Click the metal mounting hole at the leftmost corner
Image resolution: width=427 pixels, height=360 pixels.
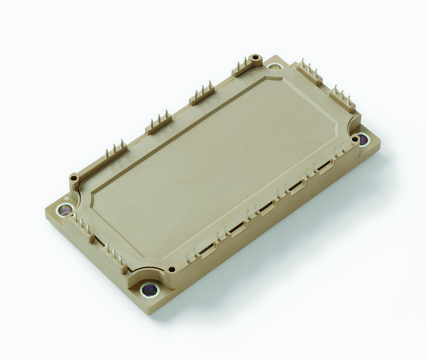tap(65, 209)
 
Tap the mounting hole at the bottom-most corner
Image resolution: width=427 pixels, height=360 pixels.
tap(149, 289)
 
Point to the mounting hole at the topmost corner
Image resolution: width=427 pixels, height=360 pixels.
tap(275, 67)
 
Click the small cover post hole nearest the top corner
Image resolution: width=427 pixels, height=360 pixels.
tap(255, 59)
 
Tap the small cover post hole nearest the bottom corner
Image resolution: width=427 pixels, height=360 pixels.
tap(172, 269)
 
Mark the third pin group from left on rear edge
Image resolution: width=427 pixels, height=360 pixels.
tap(202, 94)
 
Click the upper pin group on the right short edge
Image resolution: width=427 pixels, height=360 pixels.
tap(309, 72)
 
